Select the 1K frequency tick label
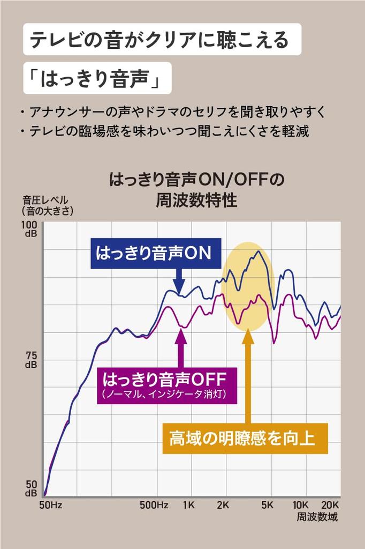click(x=188, y=505)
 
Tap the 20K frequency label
click(x=330, y=505)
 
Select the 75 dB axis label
click(x=31, y=360)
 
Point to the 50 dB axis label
click(x=31, y=488)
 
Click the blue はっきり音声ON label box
click(x=154, y=254)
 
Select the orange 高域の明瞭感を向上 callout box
click(x=245, y=439)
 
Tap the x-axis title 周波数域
click(x=317, y=517)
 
